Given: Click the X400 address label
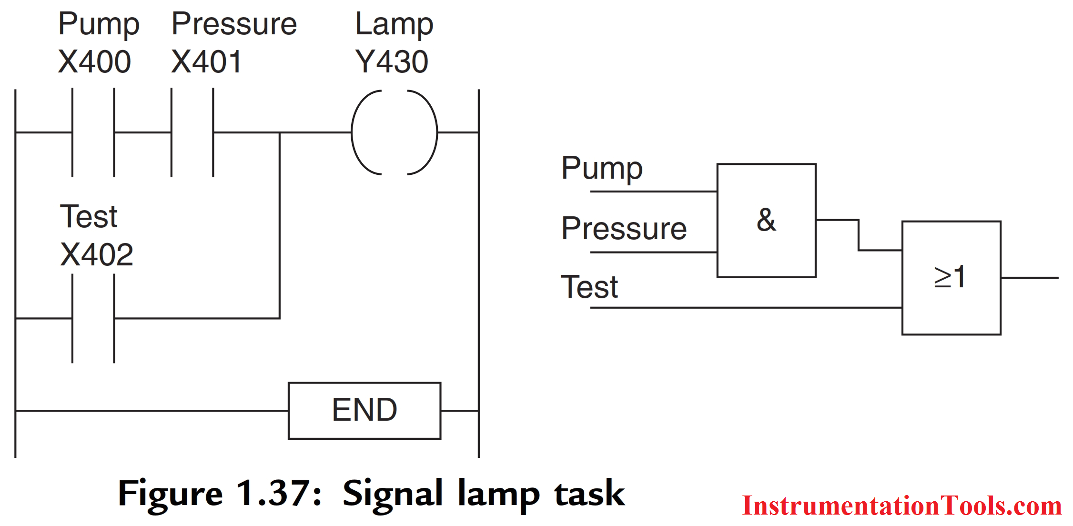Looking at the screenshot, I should (94, 62).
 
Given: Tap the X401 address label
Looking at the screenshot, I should (206, 62).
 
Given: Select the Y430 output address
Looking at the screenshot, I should (392, 62).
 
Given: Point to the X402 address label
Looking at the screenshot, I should (97, 254).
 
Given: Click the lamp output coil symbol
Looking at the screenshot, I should (394, 132).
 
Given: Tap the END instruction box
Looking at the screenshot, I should (364, 410).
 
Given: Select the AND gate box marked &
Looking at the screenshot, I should (766, 221).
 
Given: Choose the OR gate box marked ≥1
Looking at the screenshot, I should (951, 278).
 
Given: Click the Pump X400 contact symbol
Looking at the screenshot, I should (93, 132).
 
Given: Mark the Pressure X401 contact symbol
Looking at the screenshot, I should (192, 132).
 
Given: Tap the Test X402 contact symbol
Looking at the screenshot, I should (93, 318).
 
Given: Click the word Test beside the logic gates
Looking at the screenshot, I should (589, 287).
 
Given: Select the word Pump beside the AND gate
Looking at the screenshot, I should (602, 168).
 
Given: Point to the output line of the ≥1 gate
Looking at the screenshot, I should (1029, 278).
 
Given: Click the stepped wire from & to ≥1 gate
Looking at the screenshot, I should (859, 235).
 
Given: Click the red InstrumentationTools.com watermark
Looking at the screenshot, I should (901, 506).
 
